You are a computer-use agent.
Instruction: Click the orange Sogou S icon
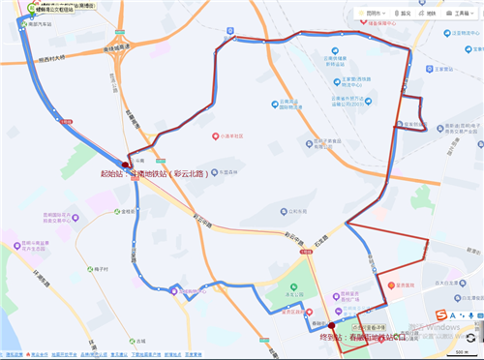coord(439,316)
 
